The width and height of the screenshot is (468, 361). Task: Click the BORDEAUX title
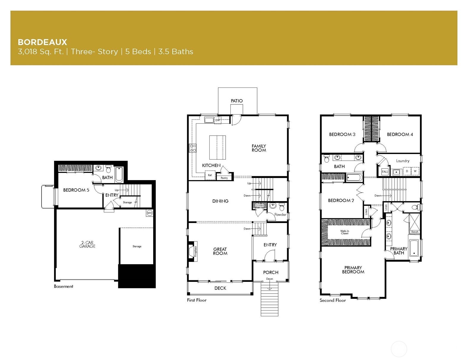click(42, 42)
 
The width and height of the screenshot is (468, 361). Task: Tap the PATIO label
click(237, 101)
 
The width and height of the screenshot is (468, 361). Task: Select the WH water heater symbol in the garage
click(149, 213)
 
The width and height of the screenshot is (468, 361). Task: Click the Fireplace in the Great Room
click(193, 251)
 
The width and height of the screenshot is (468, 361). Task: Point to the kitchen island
click(217, 147)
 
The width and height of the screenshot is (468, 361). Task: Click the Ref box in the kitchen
click(210, 175)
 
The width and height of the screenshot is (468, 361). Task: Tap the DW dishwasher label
click(218, 120)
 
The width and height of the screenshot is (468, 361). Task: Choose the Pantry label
click(224, 178)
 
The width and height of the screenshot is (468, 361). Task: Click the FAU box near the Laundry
click(385, 172)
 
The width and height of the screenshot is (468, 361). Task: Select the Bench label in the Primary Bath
click(415, 232)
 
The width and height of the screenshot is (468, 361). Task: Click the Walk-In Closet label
click(344, 232)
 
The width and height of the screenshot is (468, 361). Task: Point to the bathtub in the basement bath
click(119, 175)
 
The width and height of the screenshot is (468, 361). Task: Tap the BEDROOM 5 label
click(76, 190)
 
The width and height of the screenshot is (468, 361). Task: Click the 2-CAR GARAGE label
click(87, 244)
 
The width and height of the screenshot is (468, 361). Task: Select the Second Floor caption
click(333, 300)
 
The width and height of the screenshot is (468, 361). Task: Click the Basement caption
click(64, 286)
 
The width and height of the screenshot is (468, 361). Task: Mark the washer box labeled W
click(415, 171)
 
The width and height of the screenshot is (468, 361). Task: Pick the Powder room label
click(280, 214)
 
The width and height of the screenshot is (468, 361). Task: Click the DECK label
click(220, 288)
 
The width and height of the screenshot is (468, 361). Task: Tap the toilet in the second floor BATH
click(327, 159)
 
